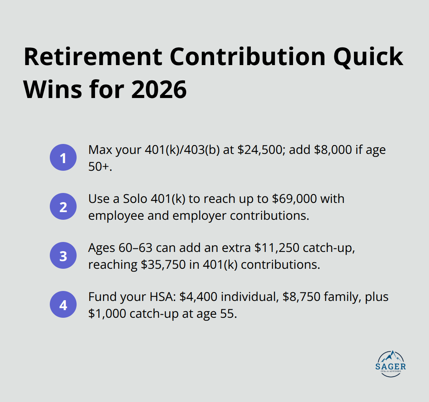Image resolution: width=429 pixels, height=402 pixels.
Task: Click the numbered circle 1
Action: click(63, 158)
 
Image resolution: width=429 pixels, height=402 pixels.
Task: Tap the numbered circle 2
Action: click(63, 207)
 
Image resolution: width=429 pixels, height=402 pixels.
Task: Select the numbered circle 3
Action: click(63, 256)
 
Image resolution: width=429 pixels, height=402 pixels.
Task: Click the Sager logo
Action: click(391, 364)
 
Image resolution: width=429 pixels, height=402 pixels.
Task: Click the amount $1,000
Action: click(108, 313)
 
